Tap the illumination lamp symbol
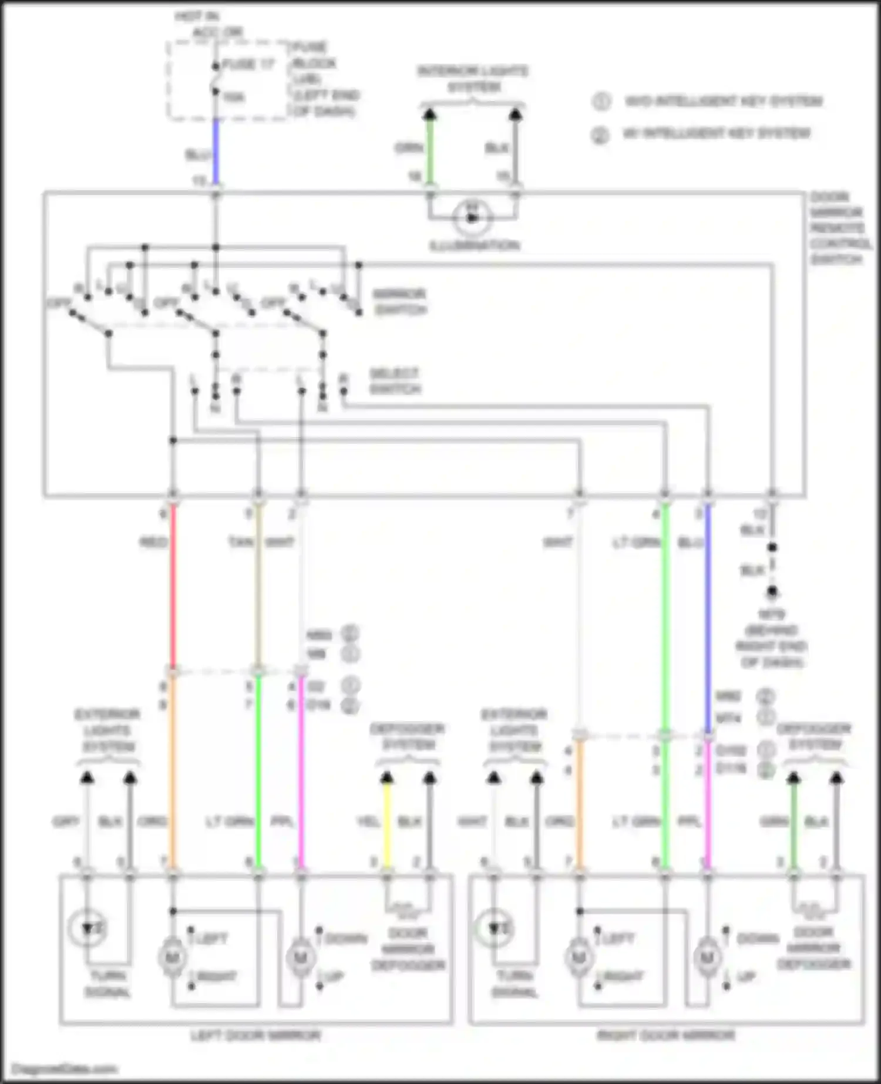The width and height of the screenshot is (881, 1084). point(472,218)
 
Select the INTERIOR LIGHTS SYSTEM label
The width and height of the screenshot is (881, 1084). point(473,79)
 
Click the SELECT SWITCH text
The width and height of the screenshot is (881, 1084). point(395,381)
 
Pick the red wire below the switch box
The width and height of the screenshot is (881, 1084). point(173,587)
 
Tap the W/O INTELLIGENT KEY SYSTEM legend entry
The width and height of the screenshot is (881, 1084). point(723,102)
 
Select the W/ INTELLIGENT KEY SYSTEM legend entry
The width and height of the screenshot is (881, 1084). point(716,134)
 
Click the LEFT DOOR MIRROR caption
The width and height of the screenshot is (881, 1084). point(255,1035)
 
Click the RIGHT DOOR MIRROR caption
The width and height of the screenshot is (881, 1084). point(665,1035)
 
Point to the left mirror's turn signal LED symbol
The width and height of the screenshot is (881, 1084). point(88,928)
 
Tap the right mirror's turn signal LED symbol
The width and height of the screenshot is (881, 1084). point(495,928)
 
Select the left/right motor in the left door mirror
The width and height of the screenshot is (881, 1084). point(172,958)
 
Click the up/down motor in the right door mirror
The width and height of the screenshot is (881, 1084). point(707,958)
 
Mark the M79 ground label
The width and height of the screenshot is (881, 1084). point(771,615)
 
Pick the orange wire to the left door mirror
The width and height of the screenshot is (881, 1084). point(173,775)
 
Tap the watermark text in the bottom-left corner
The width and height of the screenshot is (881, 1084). point(65,1069)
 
